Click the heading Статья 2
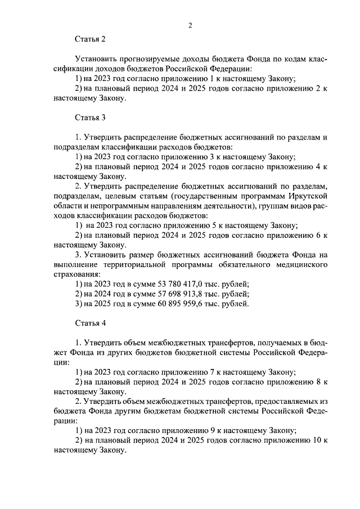click(x=90, y=39)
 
